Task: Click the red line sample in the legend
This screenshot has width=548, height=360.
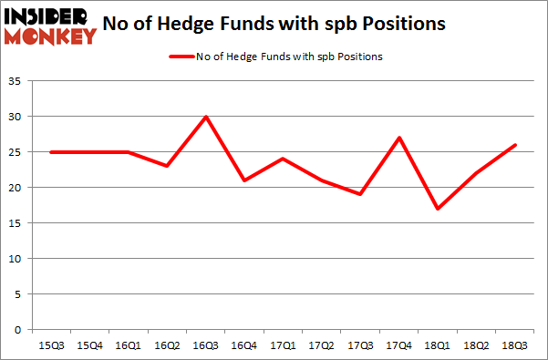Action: point(181,57)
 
